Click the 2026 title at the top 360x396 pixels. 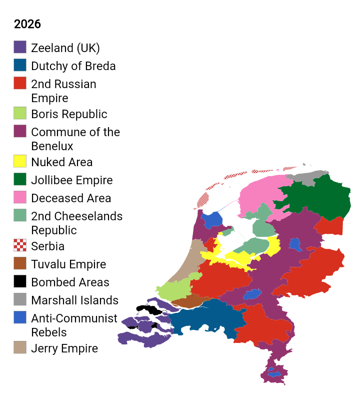pyautogui.click(x=27, y=24)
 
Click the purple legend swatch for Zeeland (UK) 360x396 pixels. pyautogui.click(x=20, y=47)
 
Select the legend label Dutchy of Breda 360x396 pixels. pyautogui.click(x=73, y=66)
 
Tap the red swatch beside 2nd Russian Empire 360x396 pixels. pyautogui.click(x=20, y=83)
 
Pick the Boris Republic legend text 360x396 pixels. pyautogui.click(x=69, y=114)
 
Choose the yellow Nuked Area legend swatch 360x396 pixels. pyautogui.click(x=20, y=161)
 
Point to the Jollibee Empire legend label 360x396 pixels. pyautogui.click(x=71, y=180)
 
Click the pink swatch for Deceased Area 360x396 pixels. pyautogui.click(x=20, y=197)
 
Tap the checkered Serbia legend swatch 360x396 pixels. pyautogui.click(x=20, y=245)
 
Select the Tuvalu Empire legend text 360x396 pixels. pyautogui.click(x=68, y=264)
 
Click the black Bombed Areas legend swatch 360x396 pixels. pyautogui.click(x=20, y=281)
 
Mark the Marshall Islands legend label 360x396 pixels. pyautogui.click(x=74, y=300)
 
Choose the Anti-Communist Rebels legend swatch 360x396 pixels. pyautogui.click(x=20, y=317)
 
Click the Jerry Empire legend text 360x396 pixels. pyautogui.click(x=64, y=348)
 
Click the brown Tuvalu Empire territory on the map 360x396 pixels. pyautogui.click(x=187, y=301)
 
